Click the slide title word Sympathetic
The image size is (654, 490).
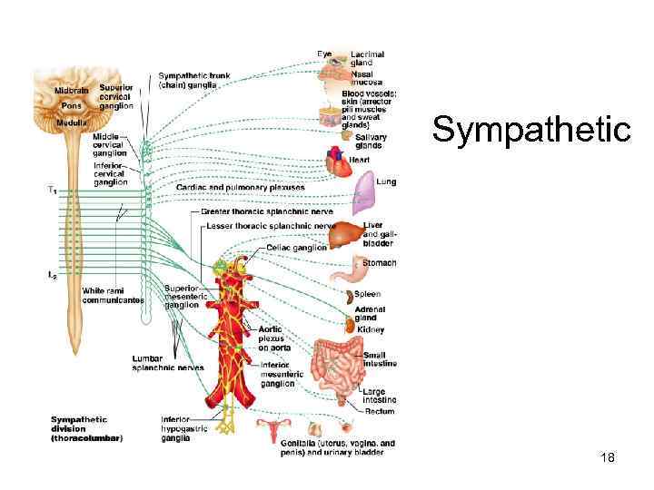point(530,130)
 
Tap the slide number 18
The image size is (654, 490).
point(608,458)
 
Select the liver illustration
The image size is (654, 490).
point(344,234)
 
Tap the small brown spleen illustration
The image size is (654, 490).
point(347,297)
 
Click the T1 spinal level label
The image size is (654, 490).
point(52,191)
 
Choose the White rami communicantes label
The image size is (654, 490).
point(113,295)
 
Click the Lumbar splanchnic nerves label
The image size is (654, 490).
point(167,363)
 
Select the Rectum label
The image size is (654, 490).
point(380,411)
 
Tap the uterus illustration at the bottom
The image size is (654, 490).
point(274,429)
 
